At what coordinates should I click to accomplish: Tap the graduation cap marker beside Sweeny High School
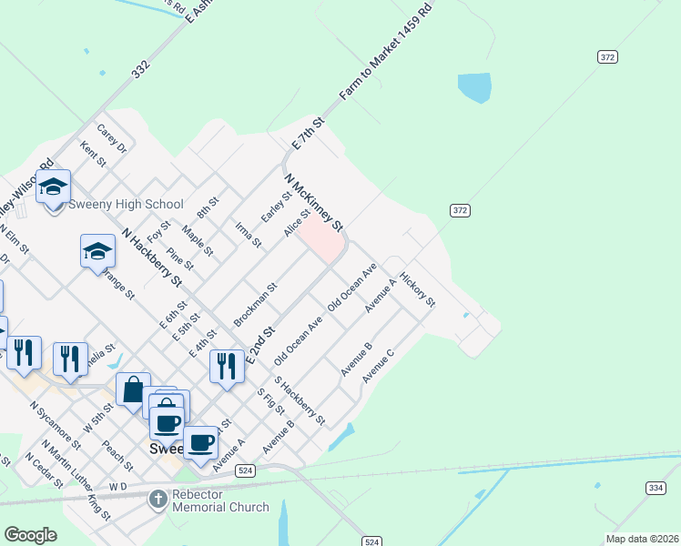54,187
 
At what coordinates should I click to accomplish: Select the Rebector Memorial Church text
219,500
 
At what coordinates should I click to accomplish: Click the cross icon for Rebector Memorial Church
158,499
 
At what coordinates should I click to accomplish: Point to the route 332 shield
139,68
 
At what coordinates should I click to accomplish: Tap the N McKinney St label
313,202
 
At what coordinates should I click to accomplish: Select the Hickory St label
418,293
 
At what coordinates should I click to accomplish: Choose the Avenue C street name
377,364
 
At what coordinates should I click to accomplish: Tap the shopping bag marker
133,389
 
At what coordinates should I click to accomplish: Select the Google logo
30,535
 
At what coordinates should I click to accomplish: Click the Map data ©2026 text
642,539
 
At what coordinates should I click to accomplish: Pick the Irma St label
248,235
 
